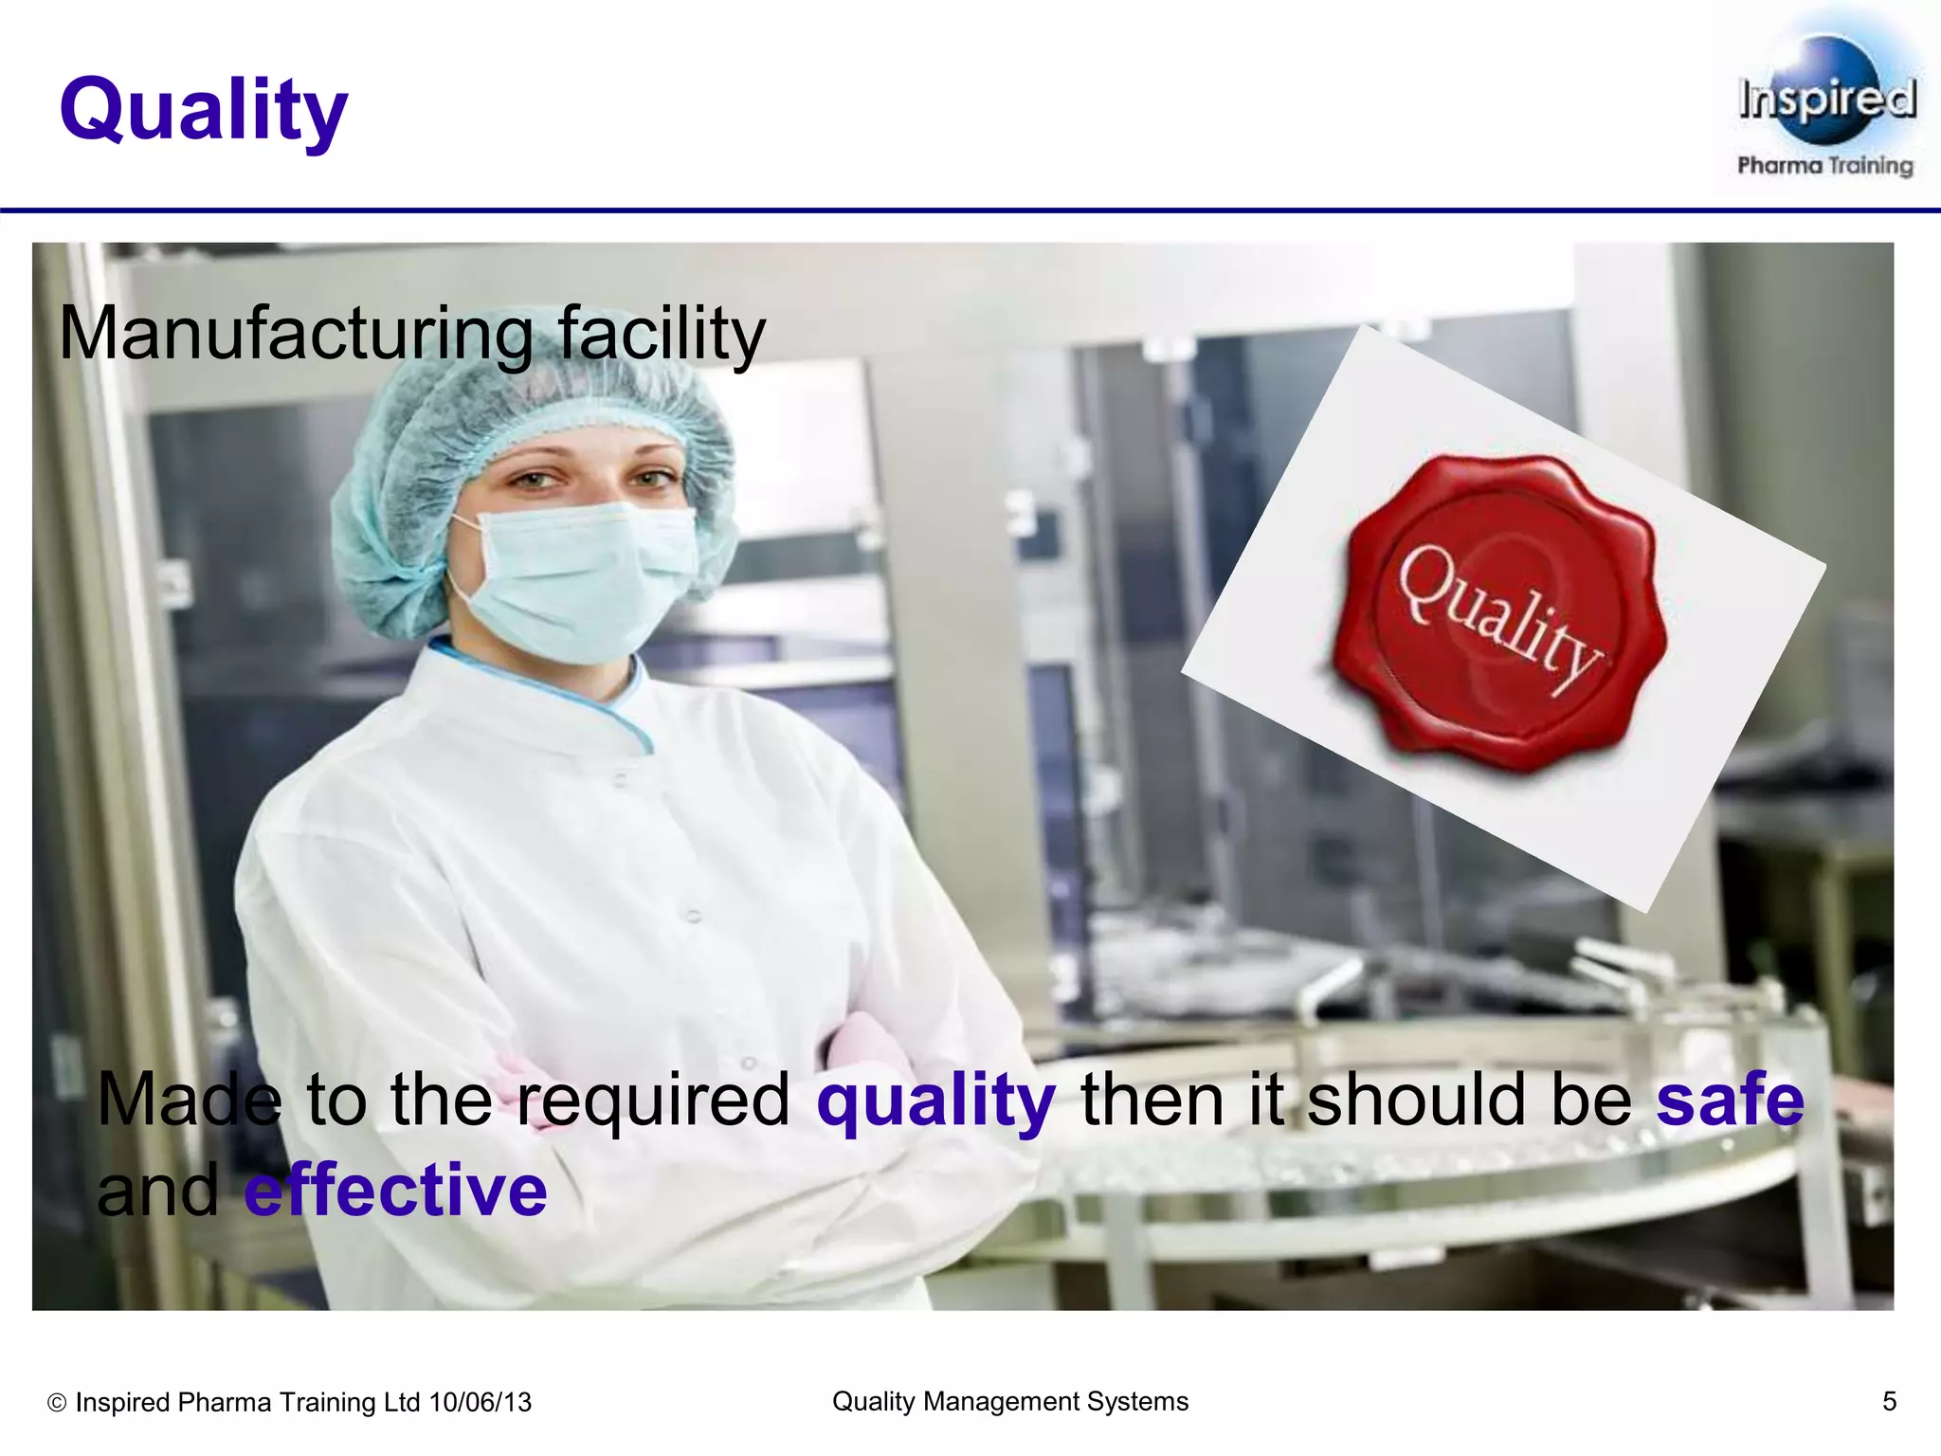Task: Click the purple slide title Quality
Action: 203,110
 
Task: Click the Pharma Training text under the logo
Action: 1824,166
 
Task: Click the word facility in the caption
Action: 661,335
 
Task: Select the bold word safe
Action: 1729,1100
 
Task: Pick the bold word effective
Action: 396,1191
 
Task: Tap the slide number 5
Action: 1889,1401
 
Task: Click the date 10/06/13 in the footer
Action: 480,1402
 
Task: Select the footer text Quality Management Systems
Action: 1009,1401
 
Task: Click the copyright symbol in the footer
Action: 57,1403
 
